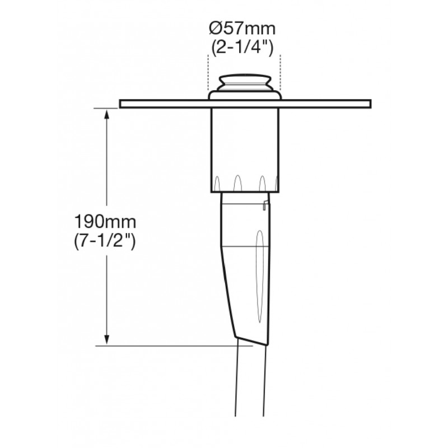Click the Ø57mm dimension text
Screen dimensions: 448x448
(x=242, y=29)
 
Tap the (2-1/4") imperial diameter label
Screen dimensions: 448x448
(x=242, y=48)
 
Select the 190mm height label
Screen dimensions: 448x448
(x=105, y=221)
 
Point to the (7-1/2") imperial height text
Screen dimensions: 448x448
(x=105, y=242)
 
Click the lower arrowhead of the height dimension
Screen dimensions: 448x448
(x=107, y=339)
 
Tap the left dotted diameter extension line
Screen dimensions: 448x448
(x=208, y=73)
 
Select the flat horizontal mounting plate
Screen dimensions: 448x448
(x=245, y=104)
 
